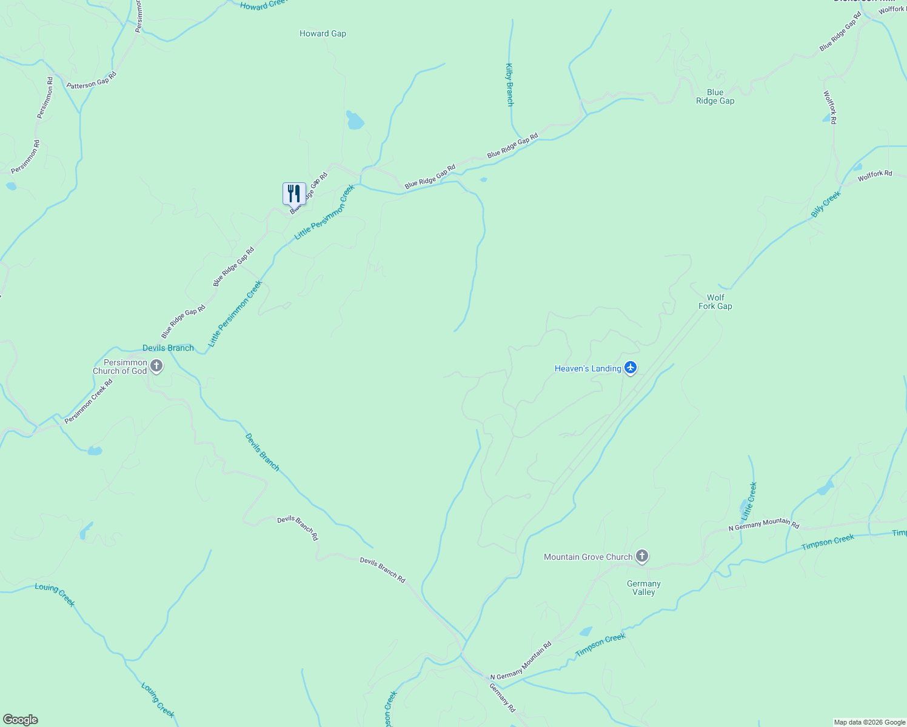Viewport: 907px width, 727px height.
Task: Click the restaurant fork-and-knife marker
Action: click(x=294, y=194)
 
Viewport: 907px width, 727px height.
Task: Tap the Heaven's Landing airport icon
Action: click(x=631, y=368)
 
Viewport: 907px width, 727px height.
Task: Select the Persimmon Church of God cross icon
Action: click(x=156, y=366)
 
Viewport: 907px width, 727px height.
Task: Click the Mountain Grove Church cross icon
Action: click(x=642, y=556)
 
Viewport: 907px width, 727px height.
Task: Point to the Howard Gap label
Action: click(x=323, y=34)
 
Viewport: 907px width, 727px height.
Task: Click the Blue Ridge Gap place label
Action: click(x=715, y=97)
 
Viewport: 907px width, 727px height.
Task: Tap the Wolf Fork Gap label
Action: click(x=715, y=302)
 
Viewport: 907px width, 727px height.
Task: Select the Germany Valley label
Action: click(x=643, y=588)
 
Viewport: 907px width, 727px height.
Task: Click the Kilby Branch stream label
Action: click(x=510, y=85)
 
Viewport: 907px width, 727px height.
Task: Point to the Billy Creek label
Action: click(x=826, y=204)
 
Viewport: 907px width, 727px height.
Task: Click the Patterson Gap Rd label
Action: click(x=91, y=81)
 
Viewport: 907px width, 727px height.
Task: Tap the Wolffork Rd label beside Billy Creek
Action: click(x=874, y=176)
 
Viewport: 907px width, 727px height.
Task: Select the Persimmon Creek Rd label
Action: click(x=89, y=401)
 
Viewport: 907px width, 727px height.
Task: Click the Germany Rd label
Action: click(x=503, y=697)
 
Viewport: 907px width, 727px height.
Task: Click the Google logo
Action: click(x=20, y=720)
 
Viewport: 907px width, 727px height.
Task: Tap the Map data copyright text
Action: click(x=869, y=722)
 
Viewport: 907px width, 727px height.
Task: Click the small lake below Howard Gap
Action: click(x=355, y=121)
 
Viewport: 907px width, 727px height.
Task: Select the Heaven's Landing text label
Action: click(x=587, y=368)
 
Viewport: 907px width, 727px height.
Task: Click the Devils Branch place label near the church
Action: click(x=168, y=348)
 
